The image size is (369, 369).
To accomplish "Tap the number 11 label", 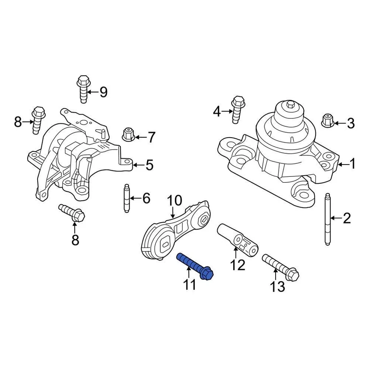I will (189, 285).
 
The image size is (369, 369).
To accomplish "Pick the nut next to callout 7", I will (128, 135).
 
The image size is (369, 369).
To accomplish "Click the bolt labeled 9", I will (83, 90).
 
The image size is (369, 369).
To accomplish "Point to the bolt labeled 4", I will (238, 110).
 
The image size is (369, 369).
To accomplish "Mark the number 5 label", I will (149, 165).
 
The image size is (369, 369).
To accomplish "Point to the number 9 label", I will (103, 92).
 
